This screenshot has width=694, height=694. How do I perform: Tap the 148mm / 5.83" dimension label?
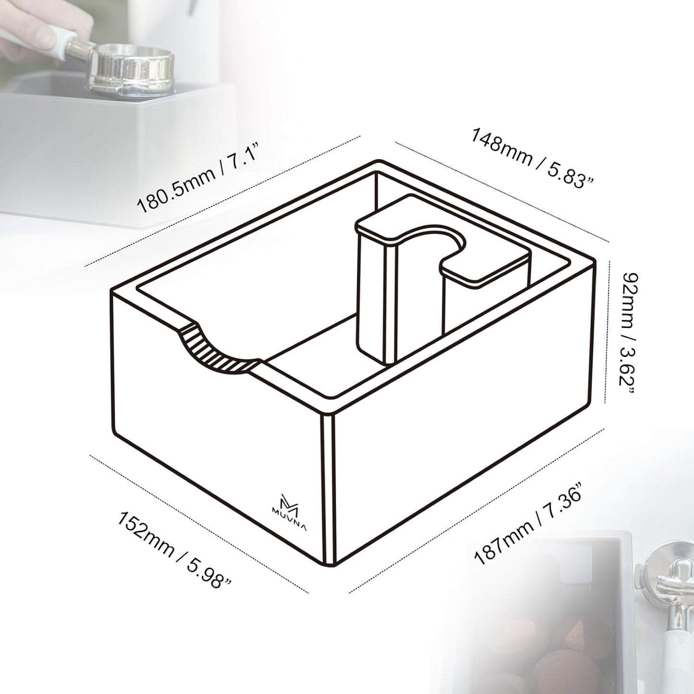(533, 157)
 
